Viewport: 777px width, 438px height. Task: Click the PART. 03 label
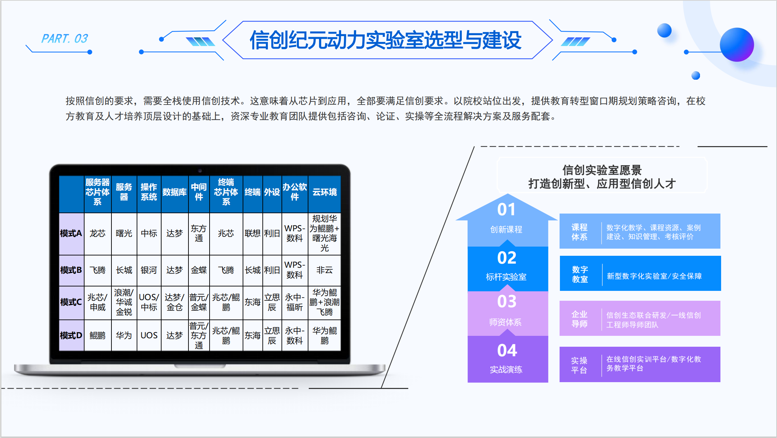click(x=64, y=38)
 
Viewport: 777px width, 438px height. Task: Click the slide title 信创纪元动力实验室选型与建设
click(x=385, y=40)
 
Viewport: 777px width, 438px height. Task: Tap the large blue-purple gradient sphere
click(x=736, y=45)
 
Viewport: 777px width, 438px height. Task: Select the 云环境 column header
click(x=324, y=192)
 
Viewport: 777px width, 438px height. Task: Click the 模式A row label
click(x=71, y=233)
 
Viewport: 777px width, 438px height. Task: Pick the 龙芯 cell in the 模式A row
click(x=97, y=233)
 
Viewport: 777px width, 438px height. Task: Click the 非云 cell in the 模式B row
click(x=324, y=270)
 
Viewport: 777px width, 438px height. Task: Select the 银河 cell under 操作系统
click(x=149, y=270)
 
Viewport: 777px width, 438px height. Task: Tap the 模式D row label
click(x=71, y=335)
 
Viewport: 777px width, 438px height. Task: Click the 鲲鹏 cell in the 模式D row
click(x=97, y=335)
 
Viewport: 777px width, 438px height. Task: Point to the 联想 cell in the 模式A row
click(x=253, y=233)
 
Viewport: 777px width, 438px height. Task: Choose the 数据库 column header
click(x=174, y=192)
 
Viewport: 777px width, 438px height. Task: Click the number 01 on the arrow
click(x=506, y=209)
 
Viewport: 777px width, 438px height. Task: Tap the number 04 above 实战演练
click(x=507, y=350)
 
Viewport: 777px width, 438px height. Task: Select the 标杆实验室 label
click(x=506, y=277)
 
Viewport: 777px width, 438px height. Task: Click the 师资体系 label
click(x=505, y=322)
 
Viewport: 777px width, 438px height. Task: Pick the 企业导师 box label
click(x=579, y=319)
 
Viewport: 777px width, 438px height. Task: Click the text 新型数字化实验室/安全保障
click(x=654, y=276)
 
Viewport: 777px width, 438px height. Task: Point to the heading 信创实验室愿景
click(x=602, y=170)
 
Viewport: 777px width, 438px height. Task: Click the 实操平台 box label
click(x=579, y=365)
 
